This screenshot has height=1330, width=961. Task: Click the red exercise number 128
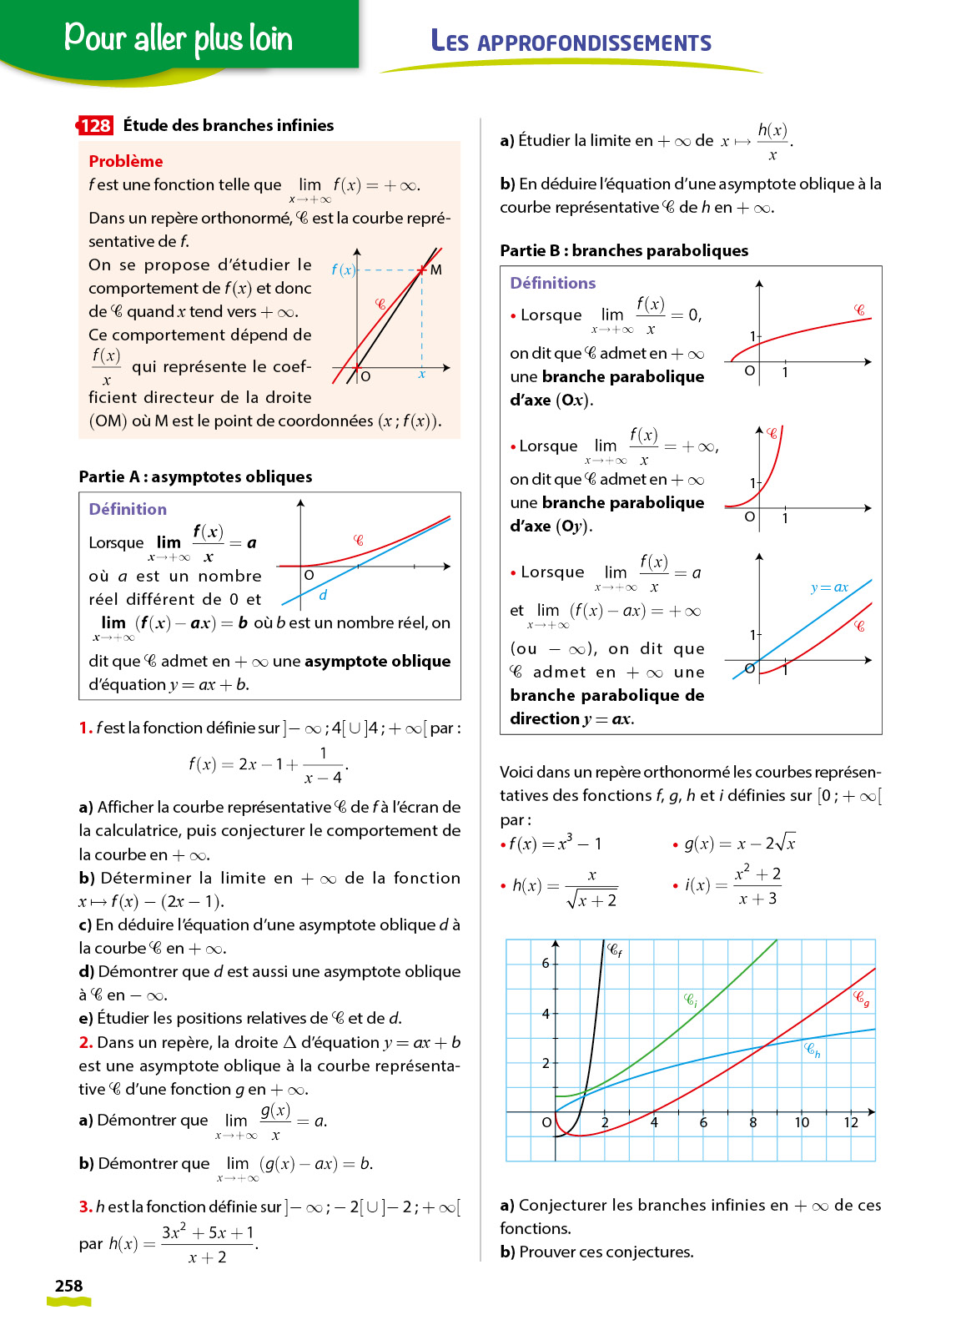pos(95,126)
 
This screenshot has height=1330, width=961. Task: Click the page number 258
pos(68,1286)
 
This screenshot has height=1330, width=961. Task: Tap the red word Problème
pos(126,161)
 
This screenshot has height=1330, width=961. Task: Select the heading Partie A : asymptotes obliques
pos(195,476)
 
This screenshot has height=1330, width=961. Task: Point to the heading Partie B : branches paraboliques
pos(624,250)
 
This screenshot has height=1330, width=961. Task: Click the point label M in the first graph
pos(436,270)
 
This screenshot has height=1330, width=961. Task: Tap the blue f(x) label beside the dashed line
pos(343,270)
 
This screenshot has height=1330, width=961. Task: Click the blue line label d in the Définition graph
pos(323,595)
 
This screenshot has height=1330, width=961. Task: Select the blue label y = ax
pos(829,587)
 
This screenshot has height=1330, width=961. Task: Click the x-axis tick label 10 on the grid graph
pos(802,1122)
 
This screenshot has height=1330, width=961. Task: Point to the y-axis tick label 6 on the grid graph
pos(546,963)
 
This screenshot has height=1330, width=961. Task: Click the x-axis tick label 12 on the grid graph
pos(851,1122)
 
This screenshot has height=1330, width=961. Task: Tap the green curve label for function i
pos(691,1000)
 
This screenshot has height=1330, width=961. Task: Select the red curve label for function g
pos(861,998)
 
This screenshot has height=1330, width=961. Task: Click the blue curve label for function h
pos(813,1050)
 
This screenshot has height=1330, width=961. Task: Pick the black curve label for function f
pos(615,950)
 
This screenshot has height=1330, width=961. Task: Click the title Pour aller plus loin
pos(179,38)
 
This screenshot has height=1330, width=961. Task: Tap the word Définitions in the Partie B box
pos(553,283)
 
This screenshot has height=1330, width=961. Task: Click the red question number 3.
pos(84,1207)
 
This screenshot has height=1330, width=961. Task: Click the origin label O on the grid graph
pos(546,1122)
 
